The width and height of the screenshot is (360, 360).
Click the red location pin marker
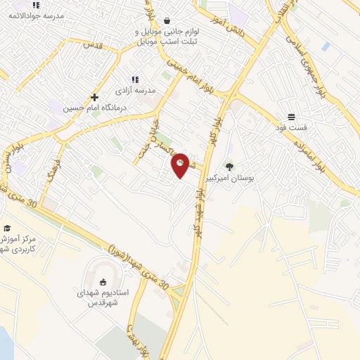181,165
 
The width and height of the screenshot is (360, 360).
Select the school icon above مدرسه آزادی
135,80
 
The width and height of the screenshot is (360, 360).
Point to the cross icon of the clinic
94,98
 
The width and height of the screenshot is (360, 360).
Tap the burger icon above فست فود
291,117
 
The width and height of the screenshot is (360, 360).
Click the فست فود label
291,128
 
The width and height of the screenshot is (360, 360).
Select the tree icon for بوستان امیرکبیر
229,167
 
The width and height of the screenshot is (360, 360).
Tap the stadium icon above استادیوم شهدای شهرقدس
103,282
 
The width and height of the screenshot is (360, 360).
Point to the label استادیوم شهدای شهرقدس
103,298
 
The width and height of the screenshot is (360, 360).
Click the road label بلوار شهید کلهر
200,217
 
